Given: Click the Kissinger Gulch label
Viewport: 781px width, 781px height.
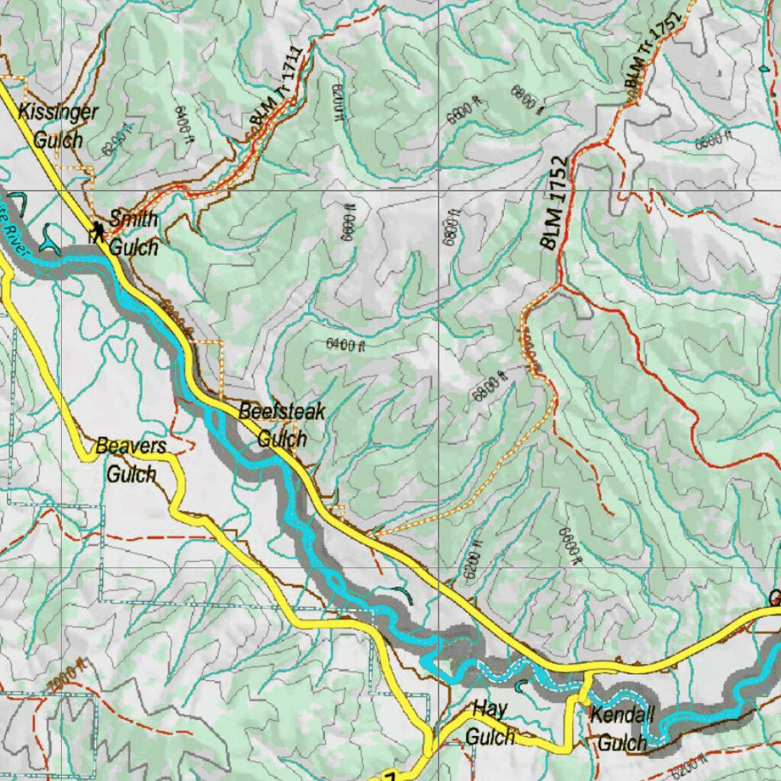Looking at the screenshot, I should pos(59,125).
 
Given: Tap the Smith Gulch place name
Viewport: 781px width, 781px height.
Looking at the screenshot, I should pos(133,233).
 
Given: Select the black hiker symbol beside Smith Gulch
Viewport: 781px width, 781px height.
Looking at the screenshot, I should pos(97,231).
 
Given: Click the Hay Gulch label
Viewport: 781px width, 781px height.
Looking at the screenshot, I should pos(490,722).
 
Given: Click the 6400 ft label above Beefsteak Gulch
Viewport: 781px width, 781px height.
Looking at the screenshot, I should pos(346,345).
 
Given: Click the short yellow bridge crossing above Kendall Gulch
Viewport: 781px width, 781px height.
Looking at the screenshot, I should pos(585,684).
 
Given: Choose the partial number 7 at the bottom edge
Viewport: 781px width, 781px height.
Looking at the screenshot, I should pos(390,776).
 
